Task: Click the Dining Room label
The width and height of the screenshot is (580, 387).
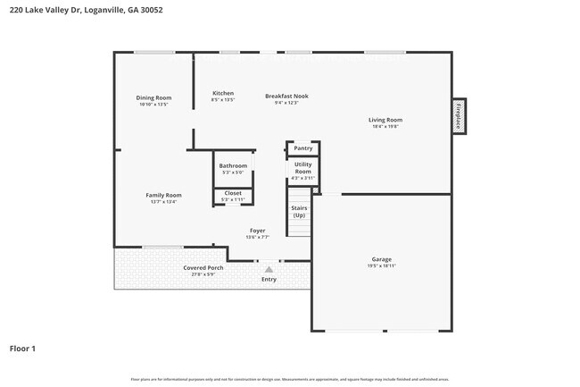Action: [153, 97]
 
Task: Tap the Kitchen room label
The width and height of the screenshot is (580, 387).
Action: [223, 93]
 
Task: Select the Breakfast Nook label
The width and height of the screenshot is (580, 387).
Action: [286, 96]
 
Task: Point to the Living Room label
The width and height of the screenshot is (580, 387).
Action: [385, 120]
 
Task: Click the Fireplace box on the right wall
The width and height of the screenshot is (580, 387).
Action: [459, 116]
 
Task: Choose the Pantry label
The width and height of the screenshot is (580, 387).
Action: [302, 148]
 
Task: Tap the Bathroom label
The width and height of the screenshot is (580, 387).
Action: [233, 165]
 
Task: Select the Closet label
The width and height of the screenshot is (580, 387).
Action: [233, 193]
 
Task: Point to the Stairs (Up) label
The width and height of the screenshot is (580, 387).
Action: [299, 212]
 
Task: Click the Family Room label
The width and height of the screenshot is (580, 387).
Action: [163, 195]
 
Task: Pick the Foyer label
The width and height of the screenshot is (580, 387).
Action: [257, 231]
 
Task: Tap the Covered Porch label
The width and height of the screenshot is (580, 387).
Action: [203, 268]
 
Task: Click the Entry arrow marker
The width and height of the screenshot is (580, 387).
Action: [269, 268]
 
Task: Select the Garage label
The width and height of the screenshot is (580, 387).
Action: [381, 259]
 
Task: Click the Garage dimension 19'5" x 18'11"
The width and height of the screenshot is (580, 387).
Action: [381, 266]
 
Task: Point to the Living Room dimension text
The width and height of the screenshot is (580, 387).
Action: [385, 127]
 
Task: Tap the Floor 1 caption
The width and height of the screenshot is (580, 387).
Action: [22, 348]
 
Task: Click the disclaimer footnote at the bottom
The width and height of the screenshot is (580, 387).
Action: [289, 380]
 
